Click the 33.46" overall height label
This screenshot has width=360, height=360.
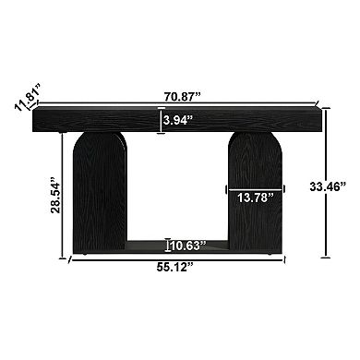(x=341, y=187)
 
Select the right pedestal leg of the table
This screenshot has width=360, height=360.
(x=255, y=166)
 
